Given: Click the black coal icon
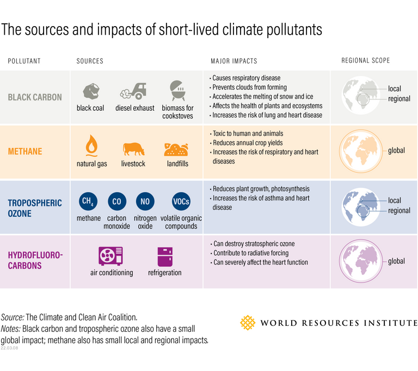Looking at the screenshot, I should coord(91,91).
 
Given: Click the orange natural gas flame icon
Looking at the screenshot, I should coord(91,146).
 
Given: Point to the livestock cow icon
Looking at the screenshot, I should coord(133,148).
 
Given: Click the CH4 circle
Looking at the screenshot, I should coord(87,202).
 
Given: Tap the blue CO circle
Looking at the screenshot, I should coord(116,202).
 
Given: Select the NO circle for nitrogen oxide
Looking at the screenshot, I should coord(144,202).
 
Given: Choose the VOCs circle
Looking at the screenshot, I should coord(181,202).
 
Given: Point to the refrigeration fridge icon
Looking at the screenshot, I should coord(164,256).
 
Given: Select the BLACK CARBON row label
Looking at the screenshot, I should coord(35,98).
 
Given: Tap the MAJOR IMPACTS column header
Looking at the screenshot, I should coord(233,61).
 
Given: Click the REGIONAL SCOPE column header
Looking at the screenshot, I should coord(365,61).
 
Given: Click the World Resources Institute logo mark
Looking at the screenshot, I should coord(248,323).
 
